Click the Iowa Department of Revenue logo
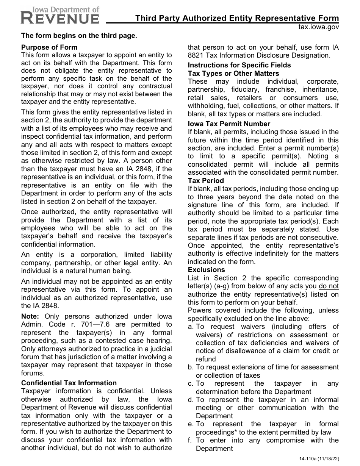point(60,15)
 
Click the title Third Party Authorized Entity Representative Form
point(237,18)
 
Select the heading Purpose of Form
point(49,47)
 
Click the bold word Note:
point(30,316)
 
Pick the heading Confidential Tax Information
point(69,383)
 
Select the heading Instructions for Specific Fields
point(239,65)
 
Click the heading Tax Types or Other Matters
point(233,73)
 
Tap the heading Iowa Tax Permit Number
point(229,124)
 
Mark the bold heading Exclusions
point(207,270)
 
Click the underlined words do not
point(329,286)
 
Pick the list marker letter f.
point(190,440)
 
